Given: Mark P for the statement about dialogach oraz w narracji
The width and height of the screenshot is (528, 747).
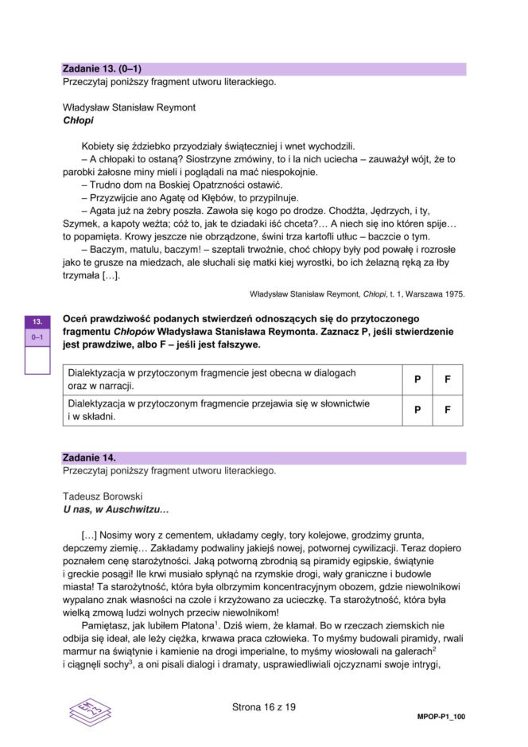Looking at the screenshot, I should coord(417,379).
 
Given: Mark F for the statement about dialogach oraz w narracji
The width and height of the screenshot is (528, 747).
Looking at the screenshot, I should coord(448,379).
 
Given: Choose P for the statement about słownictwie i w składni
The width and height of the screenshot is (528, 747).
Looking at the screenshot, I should coord(417,410).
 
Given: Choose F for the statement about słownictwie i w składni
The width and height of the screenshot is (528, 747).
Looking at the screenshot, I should coord(448,410).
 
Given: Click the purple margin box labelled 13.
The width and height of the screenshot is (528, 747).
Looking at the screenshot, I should coord(37,321).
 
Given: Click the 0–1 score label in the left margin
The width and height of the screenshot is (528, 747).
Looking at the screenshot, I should coord(37,337).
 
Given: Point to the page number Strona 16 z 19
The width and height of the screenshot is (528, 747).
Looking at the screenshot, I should coord(263,706).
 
